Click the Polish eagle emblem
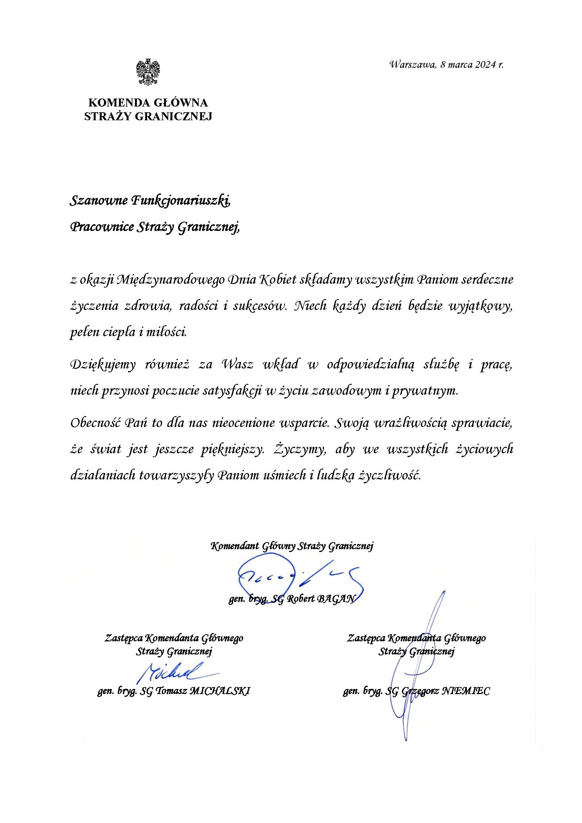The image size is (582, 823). click(148, 72)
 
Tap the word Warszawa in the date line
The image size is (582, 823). click(412, 65)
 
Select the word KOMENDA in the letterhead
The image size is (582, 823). click(119, 103)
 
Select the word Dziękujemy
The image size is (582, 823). click(103, 365)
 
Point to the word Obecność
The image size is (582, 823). click(93, 423)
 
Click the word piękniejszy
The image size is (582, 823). click(232, 449)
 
